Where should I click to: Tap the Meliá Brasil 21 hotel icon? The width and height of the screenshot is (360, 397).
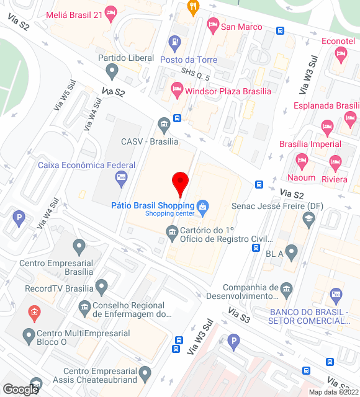click(111, 12)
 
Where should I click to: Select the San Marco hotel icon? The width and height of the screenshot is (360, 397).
click(213, 26)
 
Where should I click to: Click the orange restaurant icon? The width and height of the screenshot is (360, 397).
click(192, 8)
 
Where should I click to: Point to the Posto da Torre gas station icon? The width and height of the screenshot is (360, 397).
click(175, 43)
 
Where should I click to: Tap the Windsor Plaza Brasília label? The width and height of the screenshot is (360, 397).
click(228, 91)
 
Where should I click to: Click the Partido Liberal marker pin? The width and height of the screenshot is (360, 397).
click(112, 72)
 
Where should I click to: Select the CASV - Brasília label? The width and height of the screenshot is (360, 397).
click(150, 141)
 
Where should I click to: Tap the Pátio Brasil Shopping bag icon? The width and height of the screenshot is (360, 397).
click(202, 205)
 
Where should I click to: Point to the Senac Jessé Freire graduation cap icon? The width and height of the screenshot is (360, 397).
click(308, 218)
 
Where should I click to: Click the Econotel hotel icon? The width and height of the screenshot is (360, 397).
click(341, 55)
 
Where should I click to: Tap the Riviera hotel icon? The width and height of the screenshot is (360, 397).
click(335, 164)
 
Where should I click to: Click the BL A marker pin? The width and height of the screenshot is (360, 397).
click(291, 252)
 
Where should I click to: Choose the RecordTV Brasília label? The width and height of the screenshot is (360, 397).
click(59, 288)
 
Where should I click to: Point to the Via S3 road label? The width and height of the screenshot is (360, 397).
click(239, 314)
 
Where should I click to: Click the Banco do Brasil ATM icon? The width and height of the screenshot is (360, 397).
click(336, 294)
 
